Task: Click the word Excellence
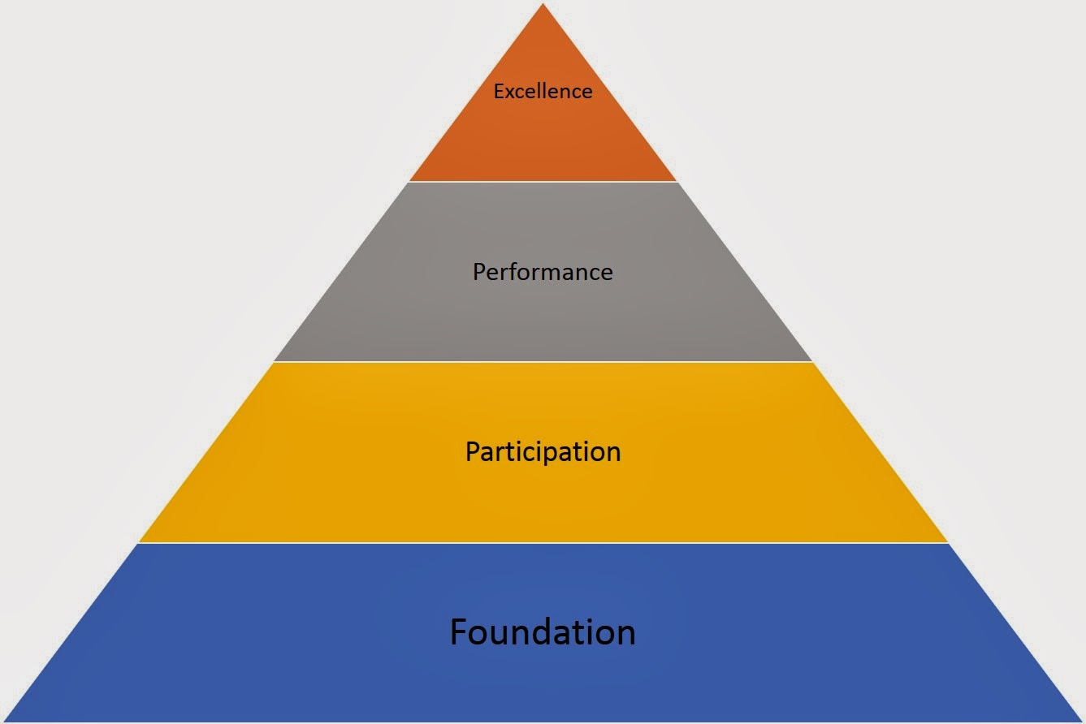543,91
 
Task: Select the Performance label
543,271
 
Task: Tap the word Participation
543,451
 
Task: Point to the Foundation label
543,632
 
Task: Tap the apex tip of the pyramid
543,6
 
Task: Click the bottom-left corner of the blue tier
6,719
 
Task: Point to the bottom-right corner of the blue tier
1080,719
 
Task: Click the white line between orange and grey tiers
543,182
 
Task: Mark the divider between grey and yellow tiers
543,362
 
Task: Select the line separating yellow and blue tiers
543,543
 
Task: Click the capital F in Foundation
460,632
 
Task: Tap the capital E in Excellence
499,91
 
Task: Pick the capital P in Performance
479,271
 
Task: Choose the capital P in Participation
472,451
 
